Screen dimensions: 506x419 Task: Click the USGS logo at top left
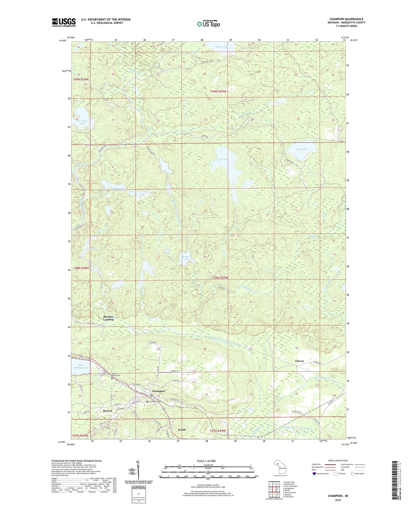pos(64,22)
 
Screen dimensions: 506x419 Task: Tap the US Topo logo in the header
pos(208,24)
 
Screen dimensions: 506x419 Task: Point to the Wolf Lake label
pos(302,149)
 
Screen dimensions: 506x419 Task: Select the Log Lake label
pos(222,159)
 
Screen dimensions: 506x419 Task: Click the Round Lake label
pos(185,258)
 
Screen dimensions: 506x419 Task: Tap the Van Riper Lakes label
pos(82,122)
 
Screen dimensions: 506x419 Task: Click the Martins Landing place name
pos(108,318)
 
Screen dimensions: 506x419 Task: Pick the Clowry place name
pos(300,361)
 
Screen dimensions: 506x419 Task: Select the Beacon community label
pos(108,411)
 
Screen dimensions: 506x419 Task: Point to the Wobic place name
pos(182,429)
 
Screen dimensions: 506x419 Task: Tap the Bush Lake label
pos(118,188)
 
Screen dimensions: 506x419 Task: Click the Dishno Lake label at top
pos(222,47)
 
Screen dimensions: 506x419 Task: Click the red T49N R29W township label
pos(218,91)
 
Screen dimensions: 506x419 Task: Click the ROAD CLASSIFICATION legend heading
pos(338,461)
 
